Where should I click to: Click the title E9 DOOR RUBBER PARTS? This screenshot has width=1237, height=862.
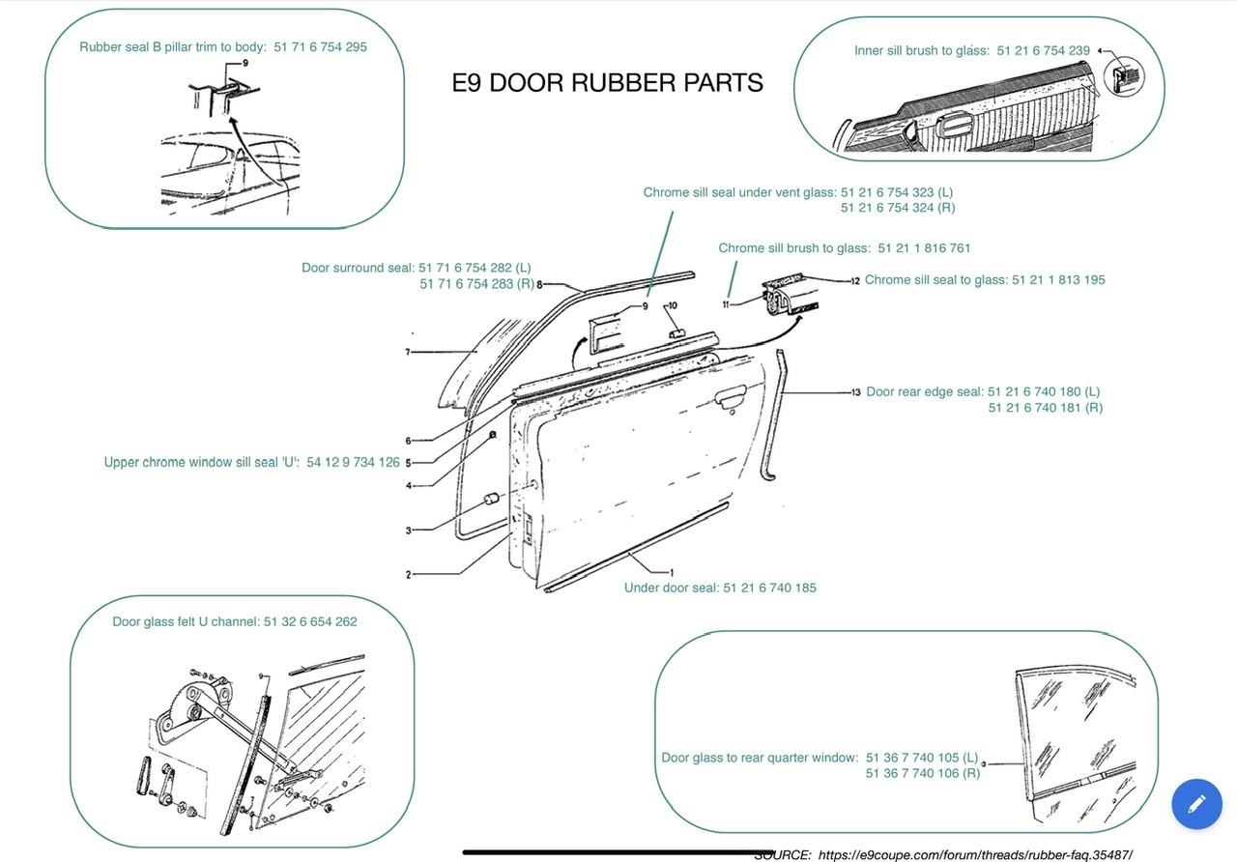click(607, 83)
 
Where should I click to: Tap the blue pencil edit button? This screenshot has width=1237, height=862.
click(1196, 803)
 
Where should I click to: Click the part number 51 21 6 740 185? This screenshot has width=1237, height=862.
click(769, 588)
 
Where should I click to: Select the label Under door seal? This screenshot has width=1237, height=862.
click(670, 588)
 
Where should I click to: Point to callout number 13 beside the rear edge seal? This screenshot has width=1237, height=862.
click(856, 392)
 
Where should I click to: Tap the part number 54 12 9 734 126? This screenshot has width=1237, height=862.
click(353, 463)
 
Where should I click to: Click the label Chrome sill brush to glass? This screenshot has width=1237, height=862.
click(793, 248)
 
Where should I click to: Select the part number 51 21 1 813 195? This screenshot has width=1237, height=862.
click(1058, 280)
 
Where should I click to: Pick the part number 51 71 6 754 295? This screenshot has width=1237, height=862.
click(320, 46)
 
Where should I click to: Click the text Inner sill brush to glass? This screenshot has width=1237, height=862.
click(921, 50)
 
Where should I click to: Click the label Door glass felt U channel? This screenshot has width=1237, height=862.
click(186, 621)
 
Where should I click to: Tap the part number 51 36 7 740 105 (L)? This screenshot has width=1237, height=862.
click(922, 758)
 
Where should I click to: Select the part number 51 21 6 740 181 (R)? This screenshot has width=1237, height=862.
click(1045, 408)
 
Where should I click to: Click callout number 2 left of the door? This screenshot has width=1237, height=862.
click(409, 575)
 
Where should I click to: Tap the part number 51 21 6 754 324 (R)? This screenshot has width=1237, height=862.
click(898, 208)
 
